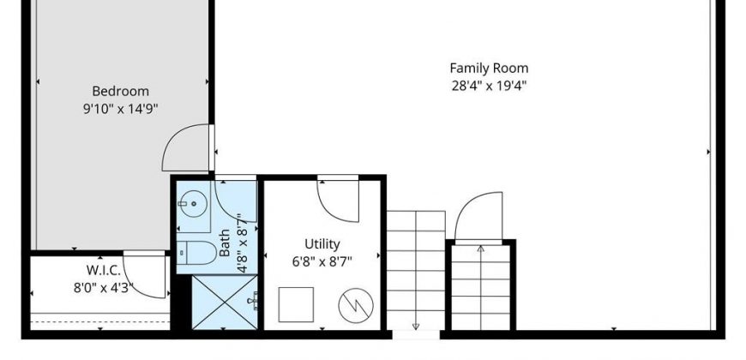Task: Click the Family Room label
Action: pyautogui.click(x=489, y=69)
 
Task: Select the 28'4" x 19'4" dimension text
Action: pyautogui.click(x=489, y=87)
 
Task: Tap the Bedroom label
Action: pyautogui.click(x=120, y=91)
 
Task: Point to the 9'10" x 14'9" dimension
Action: pyautogui.click(x=120, y=110)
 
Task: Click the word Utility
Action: pyautogui.click(x=322, y=244)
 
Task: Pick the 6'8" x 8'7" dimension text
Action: pyautogui.click(x=322, y=262)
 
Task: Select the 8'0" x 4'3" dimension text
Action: pyautogui.click(x=103, y=288)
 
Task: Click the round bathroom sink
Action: pyautogui.click(x=194, y=204)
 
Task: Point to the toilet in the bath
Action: pyautogui.click(x=197, y=253)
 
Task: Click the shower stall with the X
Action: pyautogui.click(x=225, y=303)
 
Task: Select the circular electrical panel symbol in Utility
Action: pyautogui.click(x=356, y=305)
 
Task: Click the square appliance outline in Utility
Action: pyautogui.click(x=296, y=304)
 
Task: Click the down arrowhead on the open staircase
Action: pyautogui.click(x=416, y=327)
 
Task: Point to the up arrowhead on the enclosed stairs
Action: pyautogui.click(x=480, y=249)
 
